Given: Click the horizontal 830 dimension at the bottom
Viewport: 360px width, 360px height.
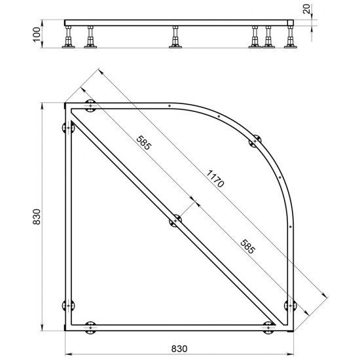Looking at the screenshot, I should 179,348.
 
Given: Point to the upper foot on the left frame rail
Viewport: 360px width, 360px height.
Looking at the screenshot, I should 65,128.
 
